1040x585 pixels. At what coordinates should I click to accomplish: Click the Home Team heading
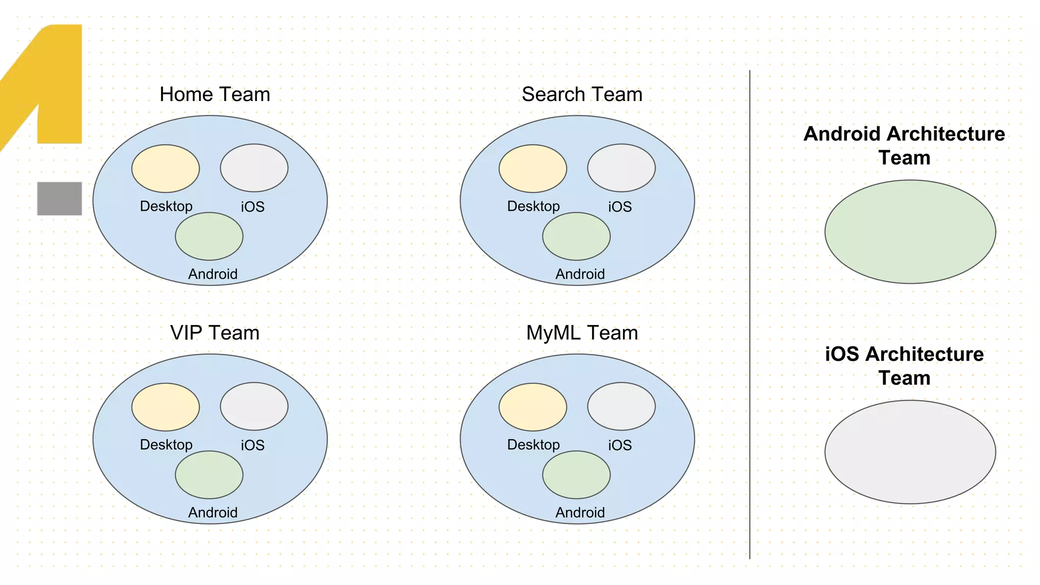tap(215, 94)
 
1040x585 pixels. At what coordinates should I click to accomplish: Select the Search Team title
tap(582, 94)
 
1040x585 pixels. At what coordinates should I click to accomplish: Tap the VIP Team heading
tap(215, 333)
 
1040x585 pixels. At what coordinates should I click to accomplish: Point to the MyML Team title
tap(582, 333)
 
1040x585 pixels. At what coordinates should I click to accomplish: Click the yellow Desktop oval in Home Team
tap(166, 169)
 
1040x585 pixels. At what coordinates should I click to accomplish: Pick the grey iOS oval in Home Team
tap(254, 168)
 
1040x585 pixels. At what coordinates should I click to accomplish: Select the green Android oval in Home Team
tap(209, 237)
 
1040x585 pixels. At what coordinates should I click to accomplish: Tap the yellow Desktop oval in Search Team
tap(533, 169)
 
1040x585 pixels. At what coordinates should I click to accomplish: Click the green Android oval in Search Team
tap(576, 237)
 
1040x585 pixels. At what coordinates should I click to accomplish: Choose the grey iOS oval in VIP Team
tap(254, 406)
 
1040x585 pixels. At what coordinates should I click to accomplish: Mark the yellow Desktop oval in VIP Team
tap(166, 407)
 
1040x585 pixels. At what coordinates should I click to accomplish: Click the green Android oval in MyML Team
tap(576, 475)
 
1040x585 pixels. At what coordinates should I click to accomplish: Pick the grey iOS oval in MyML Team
tap(621, 406)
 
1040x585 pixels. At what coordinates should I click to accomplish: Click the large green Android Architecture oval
tap(910, 232)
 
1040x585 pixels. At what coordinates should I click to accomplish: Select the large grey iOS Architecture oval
tap(910, 452)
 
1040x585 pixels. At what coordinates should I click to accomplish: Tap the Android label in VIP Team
tap(213, 512)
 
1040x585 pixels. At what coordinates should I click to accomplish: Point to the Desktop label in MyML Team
tap(533, 445)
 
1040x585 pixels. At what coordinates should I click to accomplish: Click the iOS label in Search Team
tap(620, 207)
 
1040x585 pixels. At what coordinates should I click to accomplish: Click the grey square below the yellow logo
tap(59, 199)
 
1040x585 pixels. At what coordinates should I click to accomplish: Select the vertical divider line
tap(750, 315)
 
